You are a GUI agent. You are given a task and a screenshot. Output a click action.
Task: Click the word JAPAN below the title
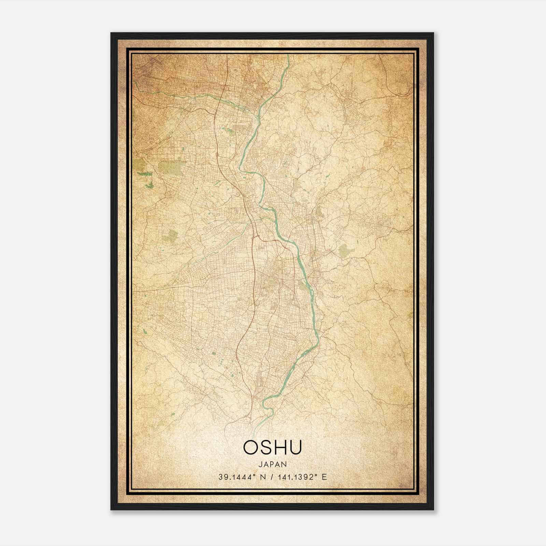[273, 464]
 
